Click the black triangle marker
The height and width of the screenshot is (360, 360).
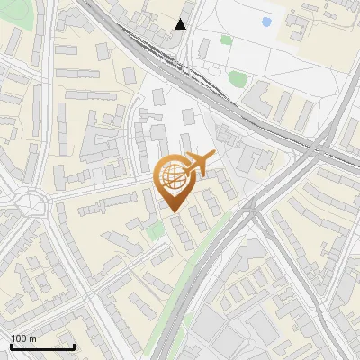(x=181, y=24)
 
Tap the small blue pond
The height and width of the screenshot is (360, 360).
(x=265, y=22)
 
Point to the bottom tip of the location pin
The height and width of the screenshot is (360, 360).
(x=174, y=212)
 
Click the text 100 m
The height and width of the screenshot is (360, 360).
(x=23, y=338)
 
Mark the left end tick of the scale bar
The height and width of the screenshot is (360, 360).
(x=10, y=346)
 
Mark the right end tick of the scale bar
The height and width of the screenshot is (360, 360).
(x=74, y=346)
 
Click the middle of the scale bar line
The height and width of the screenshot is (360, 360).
(x=41, y=347)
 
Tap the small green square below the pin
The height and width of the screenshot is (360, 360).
(x=156, y=232)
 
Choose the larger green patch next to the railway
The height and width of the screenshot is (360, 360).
(x=237, y=79)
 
